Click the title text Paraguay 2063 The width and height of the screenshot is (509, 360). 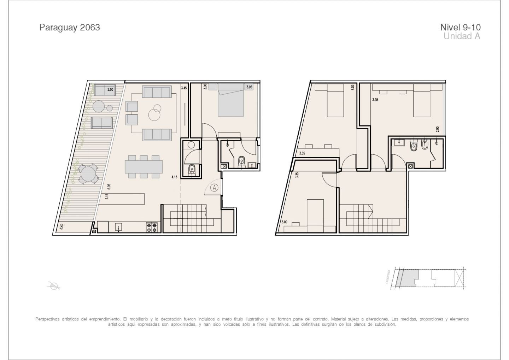click(70, 28)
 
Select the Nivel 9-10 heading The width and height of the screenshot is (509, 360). click(460, 28)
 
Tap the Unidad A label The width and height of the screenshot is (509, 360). click(462, 36)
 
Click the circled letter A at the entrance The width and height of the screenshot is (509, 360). click(214, 188)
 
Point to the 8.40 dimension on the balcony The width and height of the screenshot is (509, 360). click(62, 227)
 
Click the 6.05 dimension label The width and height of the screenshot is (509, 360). click(109, 187)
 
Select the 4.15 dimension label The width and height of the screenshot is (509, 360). click(174, 177)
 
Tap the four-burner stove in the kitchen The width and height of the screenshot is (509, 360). click(152, 228)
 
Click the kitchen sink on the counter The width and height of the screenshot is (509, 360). click(118, 227)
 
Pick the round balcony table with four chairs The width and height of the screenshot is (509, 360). click(88, 173)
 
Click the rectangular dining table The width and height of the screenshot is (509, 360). click(144, 166)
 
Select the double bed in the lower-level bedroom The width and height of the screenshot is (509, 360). click(230, 100)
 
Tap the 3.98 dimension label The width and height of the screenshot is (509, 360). click(375, 100)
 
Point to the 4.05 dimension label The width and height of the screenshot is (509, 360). click(352, 88)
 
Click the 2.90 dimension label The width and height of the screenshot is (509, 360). click(438, 129)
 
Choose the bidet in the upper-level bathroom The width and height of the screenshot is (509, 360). click(425, 146)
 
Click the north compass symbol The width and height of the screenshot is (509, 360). click(54, 285)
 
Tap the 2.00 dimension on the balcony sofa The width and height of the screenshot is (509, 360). click(110, 89)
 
